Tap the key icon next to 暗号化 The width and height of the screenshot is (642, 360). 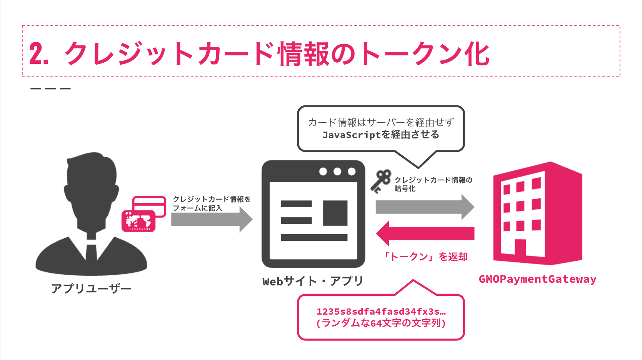click(381, 181)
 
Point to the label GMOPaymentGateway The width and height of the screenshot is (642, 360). click(537, 279)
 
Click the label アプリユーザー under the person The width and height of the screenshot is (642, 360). click(91, 288)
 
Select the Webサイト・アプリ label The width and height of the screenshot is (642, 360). click(313, 281)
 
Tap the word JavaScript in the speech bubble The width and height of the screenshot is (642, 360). click(351, 135)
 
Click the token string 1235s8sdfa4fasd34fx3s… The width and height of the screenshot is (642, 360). click(381, 312)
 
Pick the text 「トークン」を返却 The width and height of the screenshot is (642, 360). click(425, 257)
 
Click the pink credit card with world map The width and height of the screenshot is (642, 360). click(138, 221)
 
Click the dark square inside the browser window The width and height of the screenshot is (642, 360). click(335, 213)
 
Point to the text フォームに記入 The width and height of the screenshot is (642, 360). click(197, 208)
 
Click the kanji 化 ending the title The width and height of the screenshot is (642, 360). click(477, 54)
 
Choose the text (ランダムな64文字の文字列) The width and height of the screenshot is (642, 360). click(381, 323)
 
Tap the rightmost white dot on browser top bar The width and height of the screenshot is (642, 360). click(352, 172)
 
